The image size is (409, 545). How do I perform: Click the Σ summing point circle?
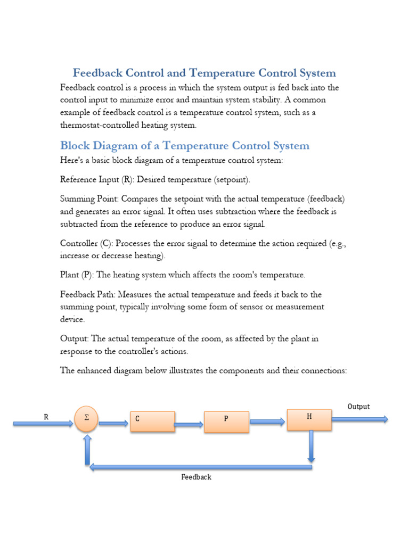pos(87,419)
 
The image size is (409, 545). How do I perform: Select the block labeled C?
pos(152,421)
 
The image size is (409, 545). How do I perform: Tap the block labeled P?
pos(226,421)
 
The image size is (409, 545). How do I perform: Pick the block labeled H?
pos(309,419)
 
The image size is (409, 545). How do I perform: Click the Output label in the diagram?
pos(358,407)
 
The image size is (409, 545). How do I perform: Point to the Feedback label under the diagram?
pos(196,477)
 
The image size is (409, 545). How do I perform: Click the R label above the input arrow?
pos(46,417)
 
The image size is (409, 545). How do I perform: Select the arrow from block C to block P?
pos(189,425)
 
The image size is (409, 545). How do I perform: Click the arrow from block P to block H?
pos(267,422)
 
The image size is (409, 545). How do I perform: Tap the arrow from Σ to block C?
pos(113,424)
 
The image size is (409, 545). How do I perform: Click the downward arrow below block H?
pos(312,446)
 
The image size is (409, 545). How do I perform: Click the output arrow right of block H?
pos(359,419)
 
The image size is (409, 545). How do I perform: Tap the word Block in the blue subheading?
pos(75,145)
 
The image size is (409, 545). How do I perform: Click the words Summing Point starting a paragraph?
pos(89,199)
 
